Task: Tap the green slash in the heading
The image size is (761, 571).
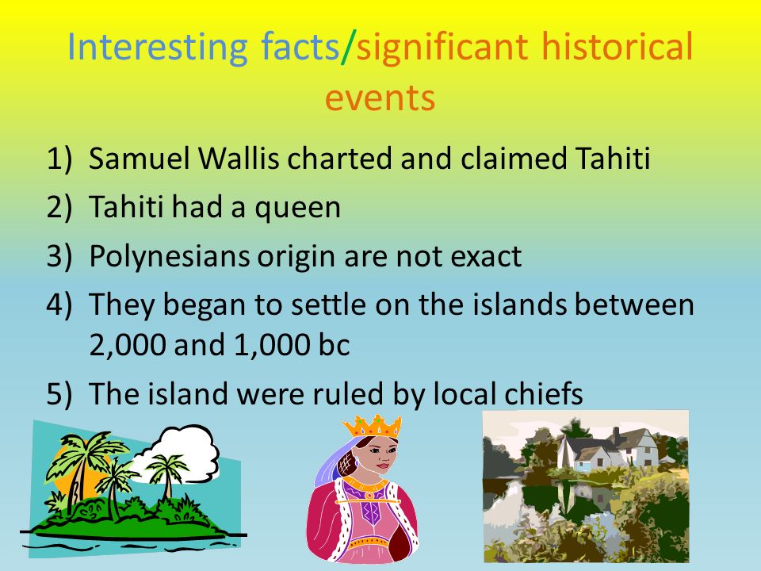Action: (x=348, y=47)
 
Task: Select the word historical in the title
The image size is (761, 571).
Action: (x=617, y=47)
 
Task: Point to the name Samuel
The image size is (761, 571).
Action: (x=139, y=159)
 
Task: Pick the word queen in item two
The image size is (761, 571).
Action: (x=298, y=209)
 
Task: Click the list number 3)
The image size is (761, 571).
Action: (x=59, y=256)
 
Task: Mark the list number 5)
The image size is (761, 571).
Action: (x=59, y=394)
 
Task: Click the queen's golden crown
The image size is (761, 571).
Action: (x=373, y=427)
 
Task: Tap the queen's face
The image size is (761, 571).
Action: (x=383, y=457)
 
